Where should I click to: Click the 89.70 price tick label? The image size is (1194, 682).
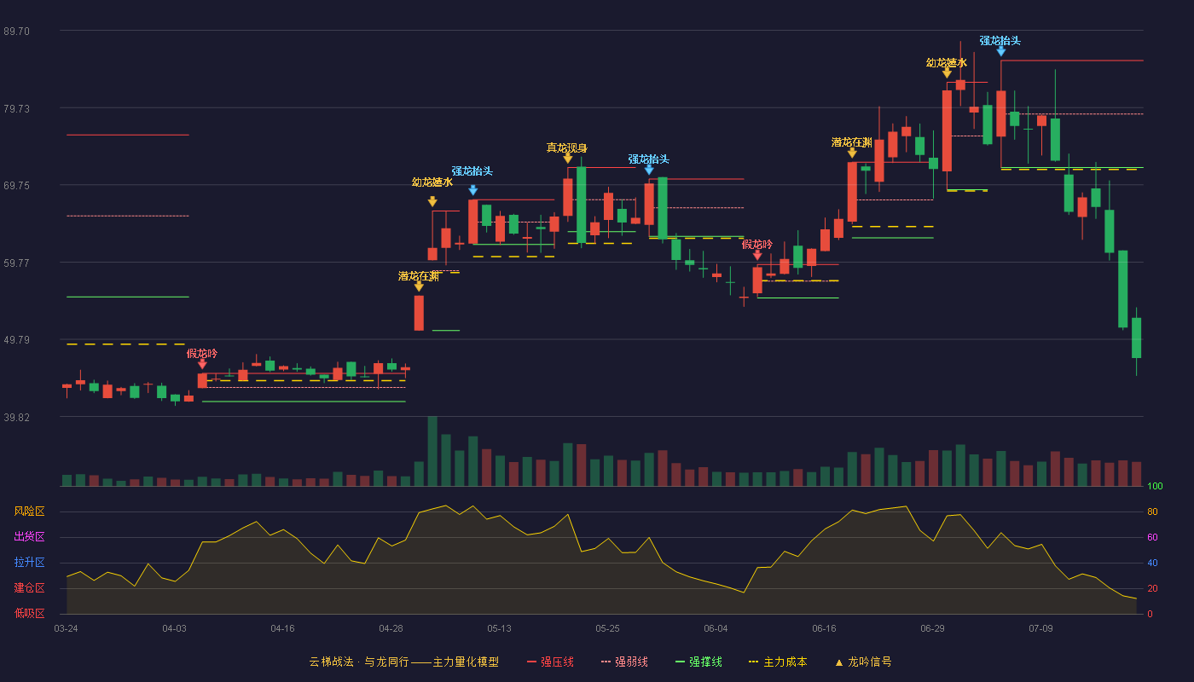click(16, 32)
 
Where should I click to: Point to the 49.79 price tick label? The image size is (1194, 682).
click(16, 340)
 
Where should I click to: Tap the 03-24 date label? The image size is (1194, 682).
click(67, 629)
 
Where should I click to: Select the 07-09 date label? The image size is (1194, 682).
click(1040, 629)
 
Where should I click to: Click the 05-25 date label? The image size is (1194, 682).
click(607, 629)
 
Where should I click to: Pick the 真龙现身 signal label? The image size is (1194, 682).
click(566, 147)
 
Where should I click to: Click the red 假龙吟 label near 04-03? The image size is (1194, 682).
click(202, 353)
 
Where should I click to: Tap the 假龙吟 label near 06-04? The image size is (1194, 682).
click(757, 244)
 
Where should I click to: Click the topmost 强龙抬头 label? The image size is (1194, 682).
click(1000, 41)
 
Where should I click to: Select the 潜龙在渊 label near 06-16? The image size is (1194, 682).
click(852, 142)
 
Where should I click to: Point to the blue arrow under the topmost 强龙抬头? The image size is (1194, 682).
click(1001, 51)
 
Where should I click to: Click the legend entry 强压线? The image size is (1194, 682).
click(550, 662)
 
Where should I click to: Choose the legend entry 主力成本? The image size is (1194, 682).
click(778, 662)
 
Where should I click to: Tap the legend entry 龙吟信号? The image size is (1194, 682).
click(863, 662)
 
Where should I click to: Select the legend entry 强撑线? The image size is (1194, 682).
click(698, 662)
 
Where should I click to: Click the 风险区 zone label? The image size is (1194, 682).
click(29, 511)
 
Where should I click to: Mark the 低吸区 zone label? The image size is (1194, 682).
click(29, 613)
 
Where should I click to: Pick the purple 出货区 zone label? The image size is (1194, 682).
click(29, 536)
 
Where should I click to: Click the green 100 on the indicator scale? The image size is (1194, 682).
click(1155, 486)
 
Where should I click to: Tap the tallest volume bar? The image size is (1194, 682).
click(432, 451)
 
